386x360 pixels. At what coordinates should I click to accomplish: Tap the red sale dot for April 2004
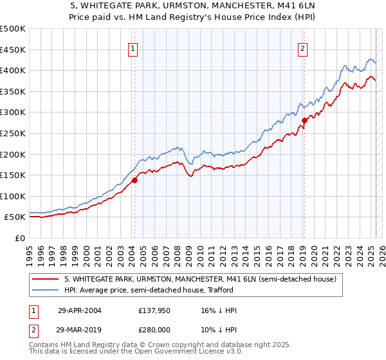click(x=135, y=181)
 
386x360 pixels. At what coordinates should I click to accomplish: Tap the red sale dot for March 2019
click(x=304, y=120)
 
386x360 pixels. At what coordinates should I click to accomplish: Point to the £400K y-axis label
click(x=13, y=71)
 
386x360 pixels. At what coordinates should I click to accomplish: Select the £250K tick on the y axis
click(x=13, y=134)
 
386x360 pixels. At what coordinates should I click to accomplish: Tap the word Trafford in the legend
click(x=225, y=290)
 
